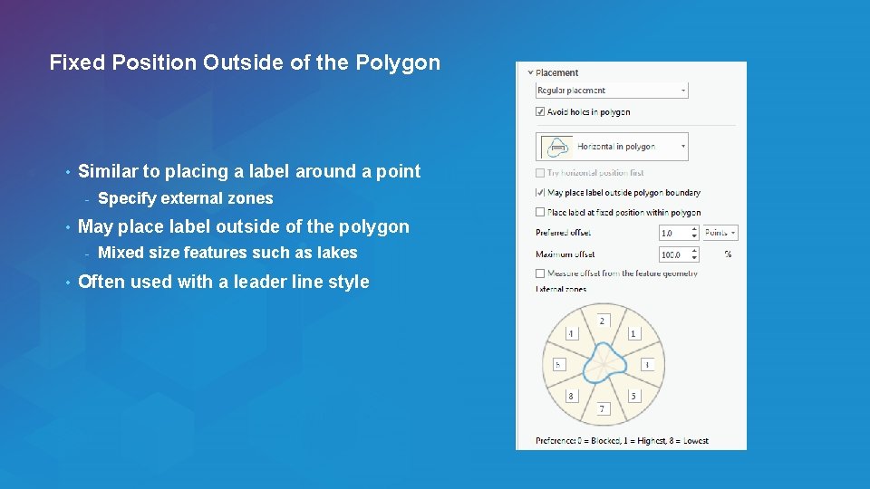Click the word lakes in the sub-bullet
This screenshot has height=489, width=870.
tap(337, 253)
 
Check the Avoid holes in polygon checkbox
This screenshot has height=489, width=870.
tap(540, 112)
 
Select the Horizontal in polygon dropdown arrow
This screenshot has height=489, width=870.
tap(683, 146)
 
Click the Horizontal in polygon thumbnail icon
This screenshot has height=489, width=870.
tap(557, 146)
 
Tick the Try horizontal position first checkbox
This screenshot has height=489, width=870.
tap(540, 172)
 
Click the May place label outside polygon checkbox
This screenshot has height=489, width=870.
tap(540, 192)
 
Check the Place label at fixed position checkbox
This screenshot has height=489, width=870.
tap(540, 212)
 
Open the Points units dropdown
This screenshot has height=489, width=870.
tap(720, 233)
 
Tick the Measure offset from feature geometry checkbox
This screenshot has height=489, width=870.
tap(540, 273)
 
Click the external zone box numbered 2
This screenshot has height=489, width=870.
tap(603, 321)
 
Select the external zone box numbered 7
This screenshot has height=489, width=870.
tap(603, 409)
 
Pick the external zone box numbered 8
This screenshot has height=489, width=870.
tap(571, 396)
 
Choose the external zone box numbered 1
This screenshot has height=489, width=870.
tap(633, 333)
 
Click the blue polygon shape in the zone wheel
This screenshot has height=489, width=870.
tap(603, 364)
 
